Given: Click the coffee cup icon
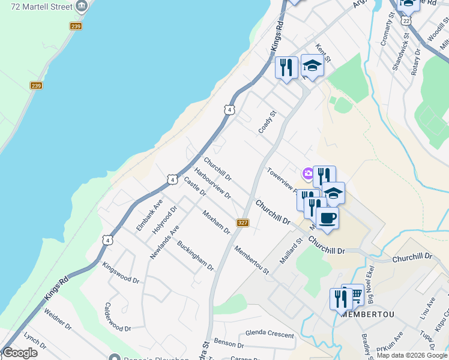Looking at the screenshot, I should (x=327, y=218).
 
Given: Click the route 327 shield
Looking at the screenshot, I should (x=243, y=223).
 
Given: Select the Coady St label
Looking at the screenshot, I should (x=267, y=122).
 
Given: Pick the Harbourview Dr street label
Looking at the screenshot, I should (x=212, y=183).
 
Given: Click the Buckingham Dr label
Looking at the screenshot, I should (x=196, y=256).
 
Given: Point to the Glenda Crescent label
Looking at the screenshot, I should (x=270, y=335).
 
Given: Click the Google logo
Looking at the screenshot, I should (x=19, y=353).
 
